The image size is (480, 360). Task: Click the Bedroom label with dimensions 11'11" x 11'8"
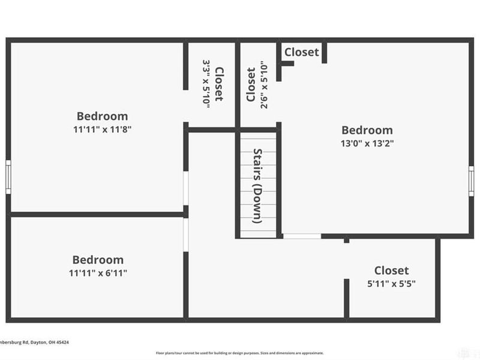tap(102, 116)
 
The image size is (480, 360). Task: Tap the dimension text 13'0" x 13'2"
tap(367, 143)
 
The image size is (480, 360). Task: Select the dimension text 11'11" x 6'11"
tap(98, 273)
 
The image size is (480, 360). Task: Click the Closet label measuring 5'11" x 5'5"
tap(391, 271)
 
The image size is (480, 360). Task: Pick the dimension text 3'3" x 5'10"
tap(206, 83)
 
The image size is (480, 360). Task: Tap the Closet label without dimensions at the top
tap(301, 52)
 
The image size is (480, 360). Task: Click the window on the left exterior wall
tap(8, 176)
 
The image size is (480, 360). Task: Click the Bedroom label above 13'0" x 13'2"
tap(367, 130)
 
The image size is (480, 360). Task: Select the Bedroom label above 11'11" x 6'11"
tap(98, 260)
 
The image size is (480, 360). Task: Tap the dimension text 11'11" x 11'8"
tap(102, 129)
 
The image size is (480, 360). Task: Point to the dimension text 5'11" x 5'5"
tap(391, 283)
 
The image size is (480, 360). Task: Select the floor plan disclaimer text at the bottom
tap(240, 353)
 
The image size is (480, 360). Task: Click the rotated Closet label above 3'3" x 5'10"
tap(219, 83)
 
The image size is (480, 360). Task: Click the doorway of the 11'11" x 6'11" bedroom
tap(186, 234)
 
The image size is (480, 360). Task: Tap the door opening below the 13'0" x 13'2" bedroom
tap(302, 236)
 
